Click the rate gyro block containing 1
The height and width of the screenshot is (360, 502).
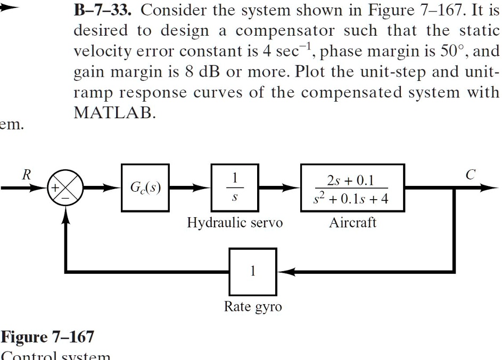click(x=253, y=272)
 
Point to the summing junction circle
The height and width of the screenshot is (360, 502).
click(x=67, y=189)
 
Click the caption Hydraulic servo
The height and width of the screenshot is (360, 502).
click(x=234, y=223)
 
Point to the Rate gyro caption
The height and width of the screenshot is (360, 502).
click(x=253, y=307)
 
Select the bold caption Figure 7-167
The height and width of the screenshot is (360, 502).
click(x=48, y=337)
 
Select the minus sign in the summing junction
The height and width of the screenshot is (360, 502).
click(x=66, y=196)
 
